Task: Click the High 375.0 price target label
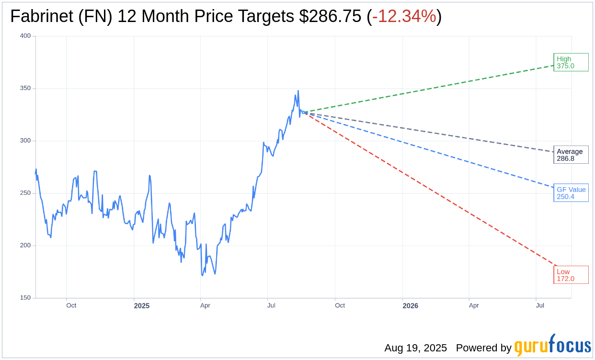[571, 62]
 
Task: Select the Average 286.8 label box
[571, 155]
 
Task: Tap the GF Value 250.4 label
[571, 193]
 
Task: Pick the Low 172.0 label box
[571, 275]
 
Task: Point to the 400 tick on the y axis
[25, 36]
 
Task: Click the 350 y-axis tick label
[25, 88]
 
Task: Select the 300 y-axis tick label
[25, 141]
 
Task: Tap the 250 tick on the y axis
[25, 193]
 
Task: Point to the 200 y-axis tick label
[25, 246]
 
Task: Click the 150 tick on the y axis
[25, 298]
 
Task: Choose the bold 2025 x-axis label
[142, 306]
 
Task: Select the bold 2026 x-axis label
[410, 306]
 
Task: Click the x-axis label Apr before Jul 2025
[205, 305]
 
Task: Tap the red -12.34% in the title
[404, 17]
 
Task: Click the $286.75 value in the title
[330, 17]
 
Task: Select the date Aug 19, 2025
[415, 348]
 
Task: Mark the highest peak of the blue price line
[298, 90]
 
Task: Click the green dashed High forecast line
[431, 88]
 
